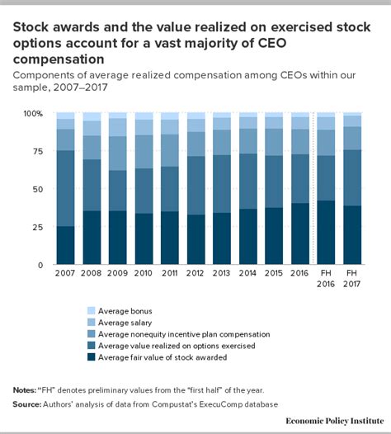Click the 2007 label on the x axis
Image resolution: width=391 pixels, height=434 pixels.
click(x=65, y=273)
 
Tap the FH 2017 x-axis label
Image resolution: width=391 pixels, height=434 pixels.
click(x=351, y=278)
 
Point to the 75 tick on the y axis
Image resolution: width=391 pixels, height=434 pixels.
click(x=38, y=151)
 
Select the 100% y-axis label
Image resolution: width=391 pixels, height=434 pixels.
click(x=33, y=114)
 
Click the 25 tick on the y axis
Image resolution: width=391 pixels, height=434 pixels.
click(x=38, y=227)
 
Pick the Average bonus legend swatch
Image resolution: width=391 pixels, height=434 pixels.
click(x=91, y=310)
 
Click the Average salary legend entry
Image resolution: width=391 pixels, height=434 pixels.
click(x=120, y=323)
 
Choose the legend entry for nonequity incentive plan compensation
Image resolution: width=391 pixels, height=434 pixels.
click(x=178, y=334)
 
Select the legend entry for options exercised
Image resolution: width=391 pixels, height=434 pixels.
click(x=171, y=346)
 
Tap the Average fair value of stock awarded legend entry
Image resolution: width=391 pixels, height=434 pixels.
click(x=158, y=357)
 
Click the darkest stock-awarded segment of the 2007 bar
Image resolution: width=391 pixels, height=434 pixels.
click(x=66, y=245)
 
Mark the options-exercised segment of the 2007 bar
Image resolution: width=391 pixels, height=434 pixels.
click(x=66, y=188)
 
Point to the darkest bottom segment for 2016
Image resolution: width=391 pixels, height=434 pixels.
click(x=300, y=234)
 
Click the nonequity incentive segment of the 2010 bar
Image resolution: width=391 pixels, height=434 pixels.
click(x=144, y=152)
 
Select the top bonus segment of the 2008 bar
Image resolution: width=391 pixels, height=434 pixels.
click(x=92, y=116)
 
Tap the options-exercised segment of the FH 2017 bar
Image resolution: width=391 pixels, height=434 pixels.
click(x=352, y=177)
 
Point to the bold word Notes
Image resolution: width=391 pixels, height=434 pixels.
click(x=25, y=390)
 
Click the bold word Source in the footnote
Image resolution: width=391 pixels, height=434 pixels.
click(x=27, y=404)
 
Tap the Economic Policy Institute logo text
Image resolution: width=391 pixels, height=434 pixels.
click(x=335, y=421)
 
